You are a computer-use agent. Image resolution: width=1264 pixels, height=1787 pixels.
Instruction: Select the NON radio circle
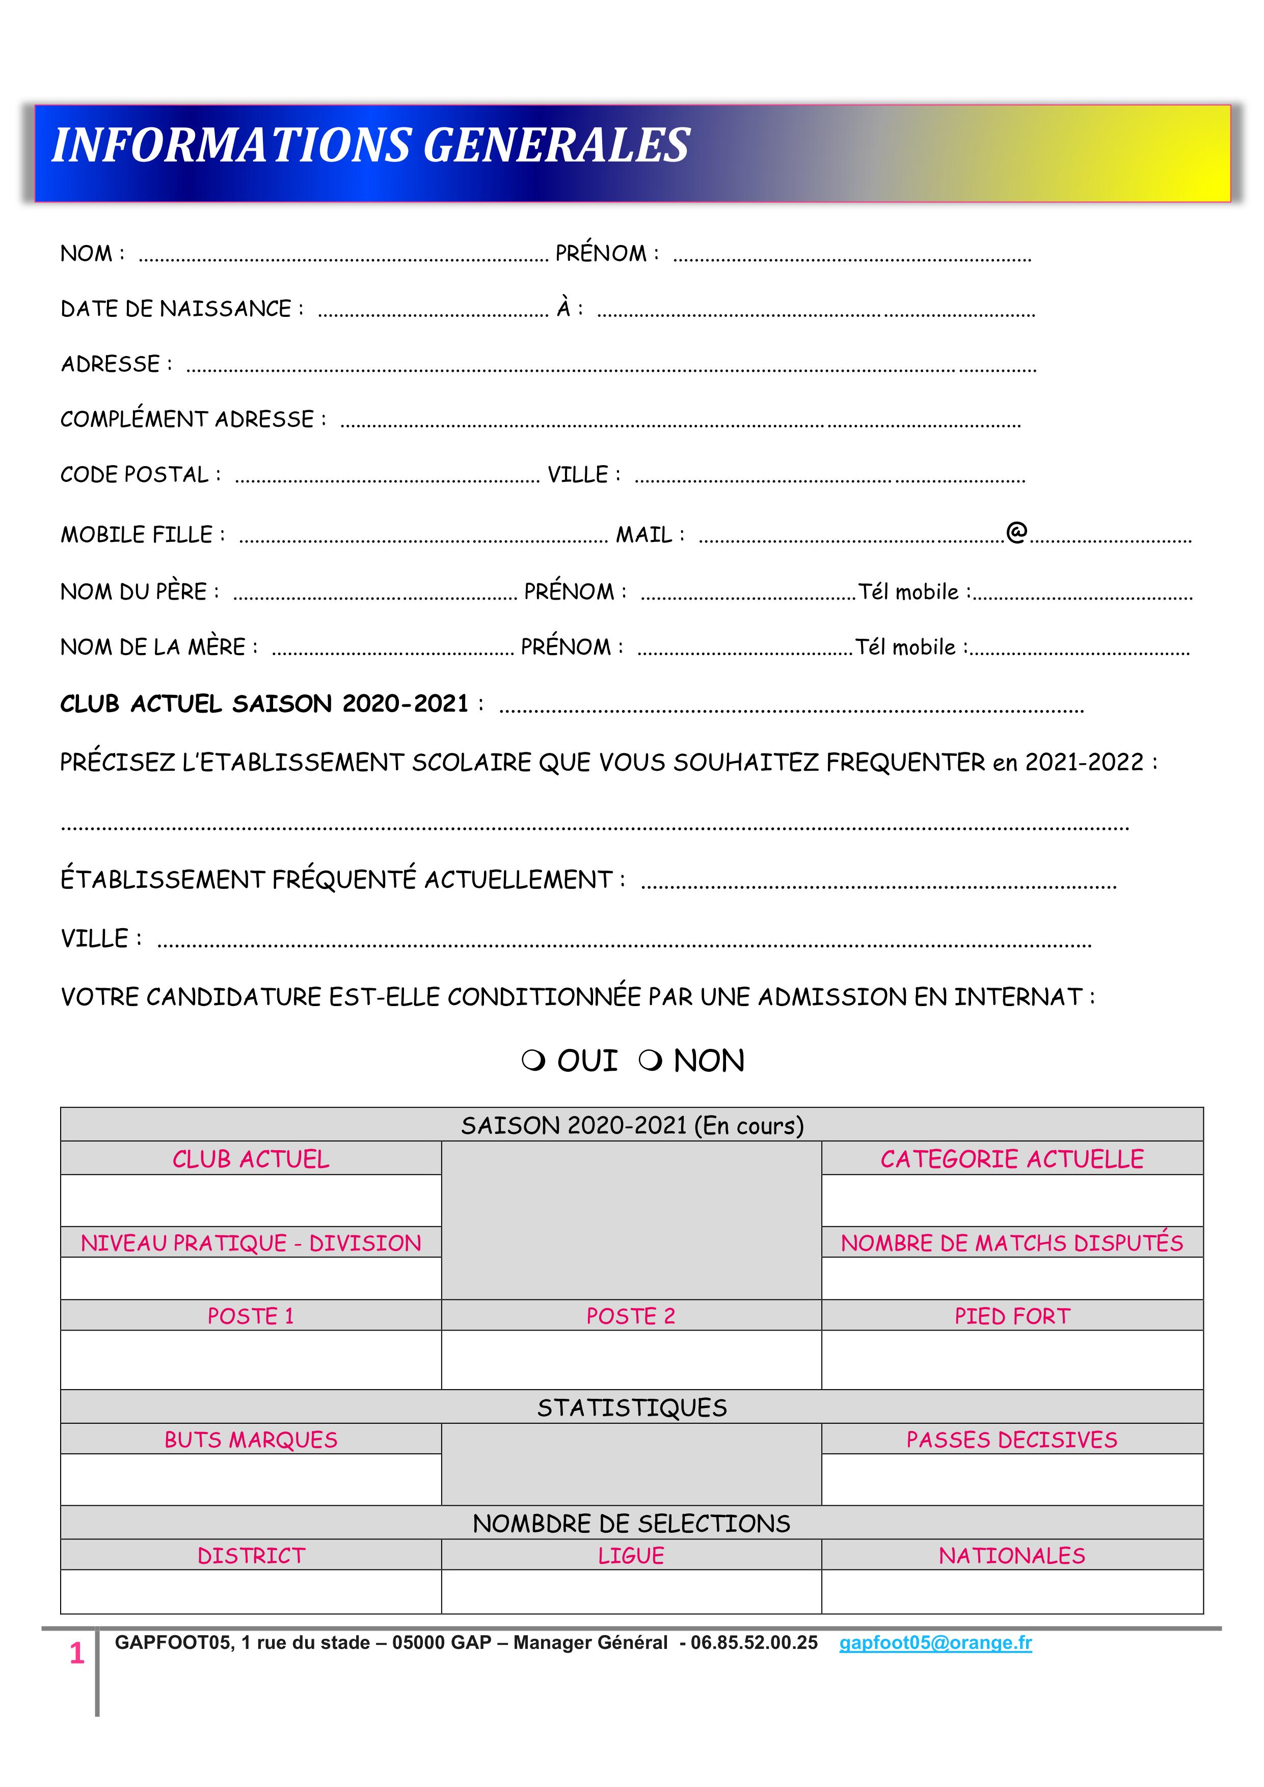pyautogui.click(x=650, y=1062)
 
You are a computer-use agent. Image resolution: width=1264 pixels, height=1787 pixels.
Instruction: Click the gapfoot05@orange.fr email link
pyautogui.click(x=935, y=1643)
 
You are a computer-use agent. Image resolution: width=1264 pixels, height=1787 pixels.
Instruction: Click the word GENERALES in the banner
pyautogui.click(x=556, y=146)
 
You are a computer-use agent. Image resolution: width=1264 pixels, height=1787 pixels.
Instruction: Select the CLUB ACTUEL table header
pyautogui.click(x=251, y=1160)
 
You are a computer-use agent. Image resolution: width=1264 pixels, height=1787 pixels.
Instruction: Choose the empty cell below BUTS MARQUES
pyautogui.click(x=251, y=1479)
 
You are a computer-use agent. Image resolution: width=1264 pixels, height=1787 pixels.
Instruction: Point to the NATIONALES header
pyautogui.click(x=1012, y=1556)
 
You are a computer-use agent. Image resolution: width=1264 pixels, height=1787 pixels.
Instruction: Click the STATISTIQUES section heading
pyautogui.click(x=631, y=1408)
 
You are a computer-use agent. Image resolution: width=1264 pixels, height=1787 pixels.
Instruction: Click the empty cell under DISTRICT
pyautogui.click(x=251, y=1592)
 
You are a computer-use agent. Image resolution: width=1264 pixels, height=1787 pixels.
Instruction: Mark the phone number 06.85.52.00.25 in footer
pyautogui.click(x=754, y=1643)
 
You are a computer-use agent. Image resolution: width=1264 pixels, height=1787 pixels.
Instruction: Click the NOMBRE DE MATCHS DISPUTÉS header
pyautogui.click(x=1012, y=1243)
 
